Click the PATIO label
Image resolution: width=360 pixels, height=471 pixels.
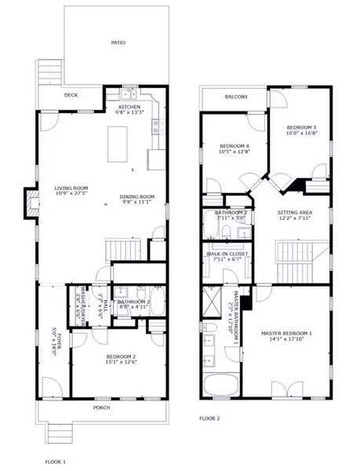pos(118,42)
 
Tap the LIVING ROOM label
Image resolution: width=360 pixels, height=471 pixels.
pos(71,188)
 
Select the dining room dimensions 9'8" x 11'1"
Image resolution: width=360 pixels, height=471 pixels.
pos(136,203)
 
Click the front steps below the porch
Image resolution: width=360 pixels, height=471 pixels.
pos(56,433)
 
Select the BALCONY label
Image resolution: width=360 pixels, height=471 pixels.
pos(236,97)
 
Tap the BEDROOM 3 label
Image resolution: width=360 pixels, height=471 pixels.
pos(301,127)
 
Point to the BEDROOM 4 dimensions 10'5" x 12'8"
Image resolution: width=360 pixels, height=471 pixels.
pos(235,152)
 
